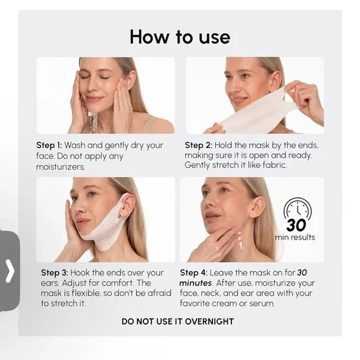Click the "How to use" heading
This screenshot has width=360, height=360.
tap(180, 37)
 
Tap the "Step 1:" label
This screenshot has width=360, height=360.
tap(49, 145)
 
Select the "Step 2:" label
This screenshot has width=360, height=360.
tap(199, 145)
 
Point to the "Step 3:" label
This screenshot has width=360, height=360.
tap(55, 272)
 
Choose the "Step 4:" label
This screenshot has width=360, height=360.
tap(194, 272)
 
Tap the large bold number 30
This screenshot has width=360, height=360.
tap(296, 225)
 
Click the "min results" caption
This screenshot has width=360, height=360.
tap(295, 237)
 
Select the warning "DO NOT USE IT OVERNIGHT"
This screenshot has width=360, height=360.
tap(178, 322)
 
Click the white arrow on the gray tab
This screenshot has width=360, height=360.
tap(10, 271)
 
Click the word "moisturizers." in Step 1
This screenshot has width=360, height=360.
tap(61, 167)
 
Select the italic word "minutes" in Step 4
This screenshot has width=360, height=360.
tap(196, 283)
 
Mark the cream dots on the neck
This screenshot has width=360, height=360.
tap(240, 241)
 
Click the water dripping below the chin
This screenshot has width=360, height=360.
tap(94, 121)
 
